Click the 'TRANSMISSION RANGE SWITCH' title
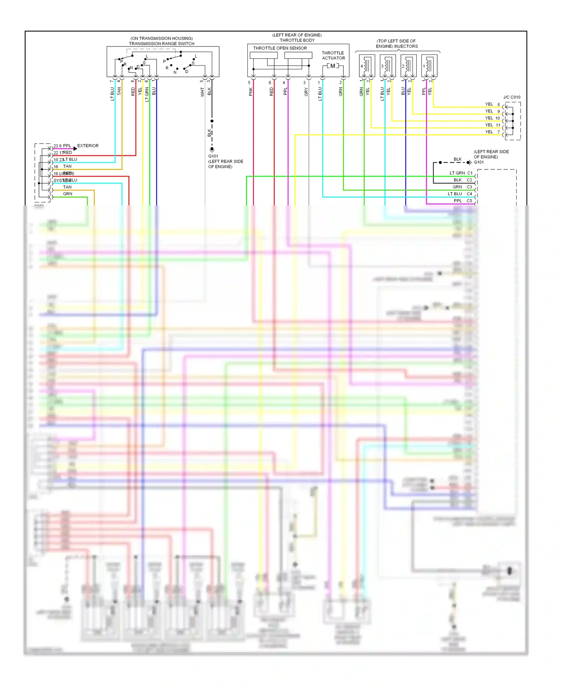point(161,43)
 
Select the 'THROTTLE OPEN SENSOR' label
point(280,48)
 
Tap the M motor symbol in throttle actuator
point(333,66)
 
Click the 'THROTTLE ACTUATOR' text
point(333,55)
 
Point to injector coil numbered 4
point(367,66)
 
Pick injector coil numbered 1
point(429,66)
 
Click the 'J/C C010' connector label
point(511,97)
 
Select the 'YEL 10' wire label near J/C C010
point(492,118)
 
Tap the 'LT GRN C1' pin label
point(461,173)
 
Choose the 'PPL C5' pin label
point(463,201)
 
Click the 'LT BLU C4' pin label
point(460,194)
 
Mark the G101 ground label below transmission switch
point(213,156)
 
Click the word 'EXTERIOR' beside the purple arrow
point(88,146)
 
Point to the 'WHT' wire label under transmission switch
point(202,92)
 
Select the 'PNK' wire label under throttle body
point(251,92)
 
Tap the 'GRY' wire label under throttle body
point(306,92)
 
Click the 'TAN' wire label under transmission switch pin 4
point(119,91)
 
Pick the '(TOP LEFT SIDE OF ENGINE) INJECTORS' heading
point(396,43)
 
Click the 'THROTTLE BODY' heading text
point(297,40)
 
